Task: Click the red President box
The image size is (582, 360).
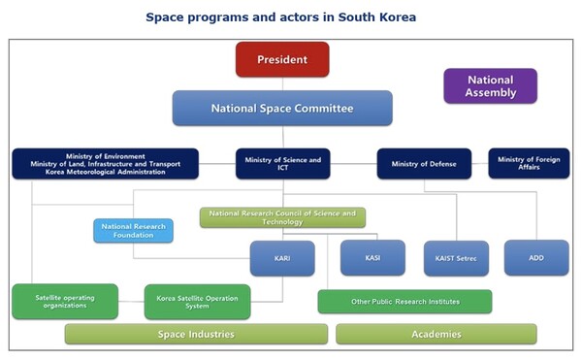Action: pyautogui.click(x=282, y=59)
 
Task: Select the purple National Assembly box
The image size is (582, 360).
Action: pyautogui.click(x=490, y=86)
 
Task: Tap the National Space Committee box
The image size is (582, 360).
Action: pyautogui.click(x=282, y=109)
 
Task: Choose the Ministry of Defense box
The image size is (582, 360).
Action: pyautogui.click(x=424, y=163)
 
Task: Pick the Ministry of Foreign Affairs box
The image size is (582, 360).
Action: pyautogui.click(x=529, y=163)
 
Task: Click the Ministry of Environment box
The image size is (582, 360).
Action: pyautogui.click(x=105, y=163)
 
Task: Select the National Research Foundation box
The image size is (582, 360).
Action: pyautogui.click(x=134, y=231)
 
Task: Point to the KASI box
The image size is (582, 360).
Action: pyautogui.click(x=372, y=258)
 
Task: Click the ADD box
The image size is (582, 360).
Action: pyautogui.click(x=536, y=258)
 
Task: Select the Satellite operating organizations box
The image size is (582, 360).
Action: pyautogui.click(x=65, y=301)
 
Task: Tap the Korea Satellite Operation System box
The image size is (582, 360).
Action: pyautogui.click(x=197, y=302)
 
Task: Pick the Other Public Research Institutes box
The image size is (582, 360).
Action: pyautogui.click(x=404, y=302)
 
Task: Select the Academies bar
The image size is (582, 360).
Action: pyautogui.click(x=436, y=334)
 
